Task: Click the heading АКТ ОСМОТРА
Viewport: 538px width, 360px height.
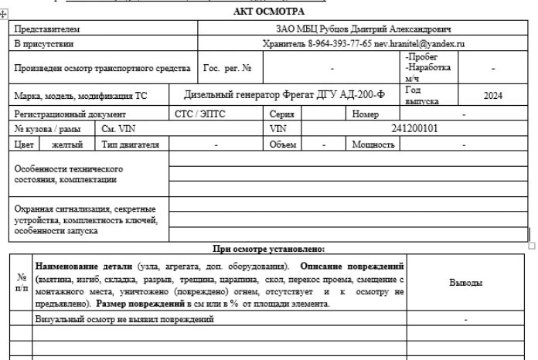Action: [268, 11]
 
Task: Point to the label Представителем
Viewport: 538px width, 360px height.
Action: [47, 29]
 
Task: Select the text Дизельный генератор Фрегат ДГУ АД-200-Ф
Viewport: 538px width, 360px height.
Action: [284, 95]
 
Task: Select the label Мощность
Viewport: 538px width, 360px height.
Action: [375, 144]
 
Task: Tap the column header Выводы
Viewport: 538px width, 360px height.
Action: [466, 283]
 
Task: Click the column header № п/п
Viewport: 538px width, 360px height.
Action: [21, 283]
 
